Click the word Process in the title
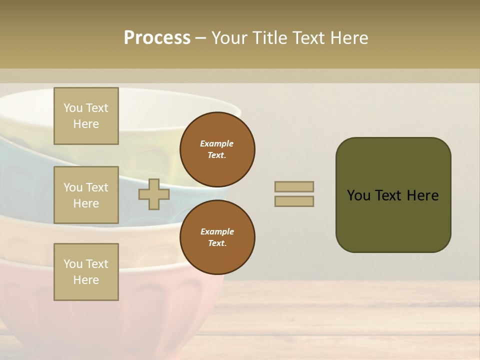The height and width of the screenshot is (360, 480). pyautogui.click(x=157, y=38)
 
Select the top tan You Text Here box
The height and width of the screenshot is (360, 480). pyautogui.click(x=86, y=116)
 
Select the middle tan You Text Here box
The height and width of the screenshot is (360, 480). pyautogui.click(x=86, y=195)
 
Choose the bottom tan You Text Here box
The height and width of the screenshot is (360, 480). pyautogui.click(x=86, y=271)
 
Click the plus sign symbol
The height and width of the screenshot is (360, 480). pyautogui.click(x=154, y=194)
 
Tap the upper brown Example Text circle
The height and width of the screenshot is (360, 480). pyautogui.click(x=217, y=149)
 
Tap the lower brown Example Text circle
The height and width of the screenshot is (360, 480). pyautogui.click(x=217, y=237)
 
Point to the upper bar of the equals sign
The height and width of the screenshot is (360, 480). pyautogui.click(x=294, y=186)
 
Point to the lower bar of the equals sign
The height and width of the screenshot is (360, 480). pyautogui.click(x=294, y=201)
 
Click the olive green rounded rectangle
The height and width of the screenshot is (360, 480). pyautogui.click(x=393, y=220)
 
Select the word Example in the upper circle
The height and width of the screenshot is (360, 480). pyautogui.click(x=216, y=143)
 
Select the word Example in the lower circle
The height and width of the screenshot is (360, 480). pyautogui.click(x=217, y=231)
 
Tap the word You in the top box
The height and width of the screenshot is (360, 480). pyautogui.click(x=73, y=108)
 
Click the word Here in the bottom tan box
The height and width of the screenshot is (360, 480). pyautogui.click(x=86, y=280)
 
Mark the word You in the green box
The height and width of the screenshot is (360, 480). pyautogui.click(x=358, y=195)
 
